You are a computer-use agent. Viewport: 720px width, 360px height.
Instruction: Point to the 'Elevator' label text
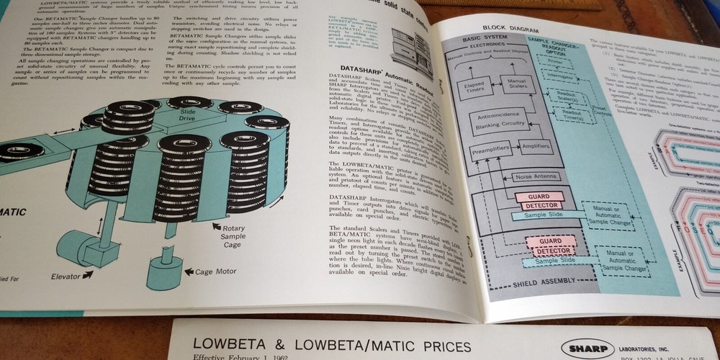click(72, 276)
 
